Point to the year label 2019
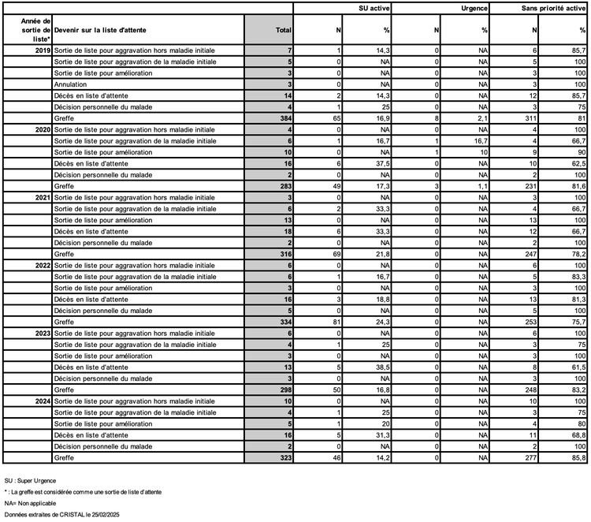tap(43, 50)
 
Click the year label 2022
tap(43, 265)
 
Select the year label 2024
tap(43, 401)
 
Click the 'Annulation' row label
tap(72, 84)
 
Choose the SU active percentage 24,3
tap(382, 322)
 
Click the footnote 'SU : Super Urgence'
tap(31, 480)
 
